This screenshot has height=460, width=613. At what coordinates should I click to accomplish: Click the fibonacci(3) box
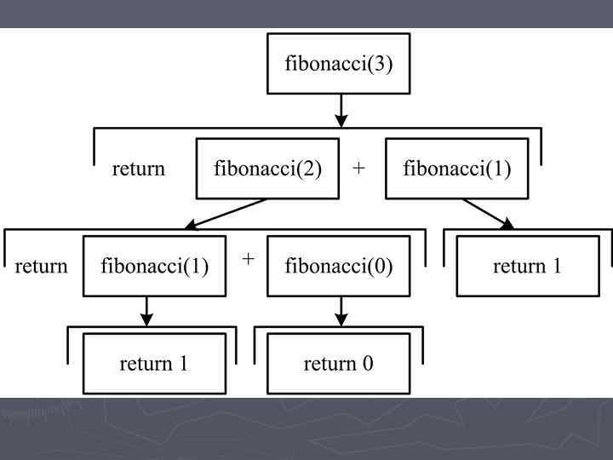click(x=339, y=64)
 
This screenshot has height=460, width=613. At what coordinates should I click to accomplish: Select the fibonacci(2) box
click(x=267, y=168)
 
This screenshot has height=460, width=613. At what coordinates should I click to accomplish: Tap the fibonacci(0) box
click(x=339, y=267)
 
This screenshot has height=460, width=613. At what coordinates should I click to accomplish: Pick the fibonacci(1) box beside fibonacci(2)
click(x=457, y=168)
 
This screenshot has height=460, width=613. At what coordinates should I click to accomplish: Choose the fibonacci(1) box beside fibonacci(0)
click(x=154, y=267)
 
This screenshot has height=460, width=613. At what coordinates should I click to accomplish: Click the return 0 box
click(x=338, y=365)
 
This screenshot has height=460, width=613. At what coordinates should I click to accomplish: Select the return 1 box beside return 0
click(x=153, y=365)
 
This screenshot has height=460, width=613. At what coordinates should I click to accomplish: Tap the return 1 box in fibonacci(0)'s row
click(x=527, y=267)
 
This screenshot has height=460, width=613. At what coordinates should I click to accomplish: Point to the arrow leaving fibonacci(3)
click(x=341, y=110)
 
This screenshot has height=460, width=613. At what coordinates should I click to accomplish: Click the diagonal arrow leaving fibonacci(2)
click(x=225, y=214)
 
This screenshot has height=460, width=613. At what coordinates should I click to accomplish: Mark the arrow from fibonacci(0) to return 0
click(x=341, y=311)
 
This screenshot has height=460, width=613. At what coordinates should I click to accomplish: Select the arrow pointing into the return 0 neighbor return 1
click(x=147, y=311)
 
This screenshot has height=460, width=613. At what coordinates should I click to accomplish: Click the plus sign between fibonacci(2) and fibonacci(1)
click(x=359, y=168)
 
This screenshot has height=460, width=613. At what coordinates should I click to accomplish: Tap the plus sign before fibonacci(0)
click(x=248, y=258)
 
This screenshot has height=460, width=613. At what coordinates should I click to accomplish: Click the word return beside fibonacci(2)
click(x=139, y=169)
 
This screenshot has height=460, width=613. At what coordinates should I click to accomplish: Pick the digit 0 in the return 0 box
click(x=368, y=365)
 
